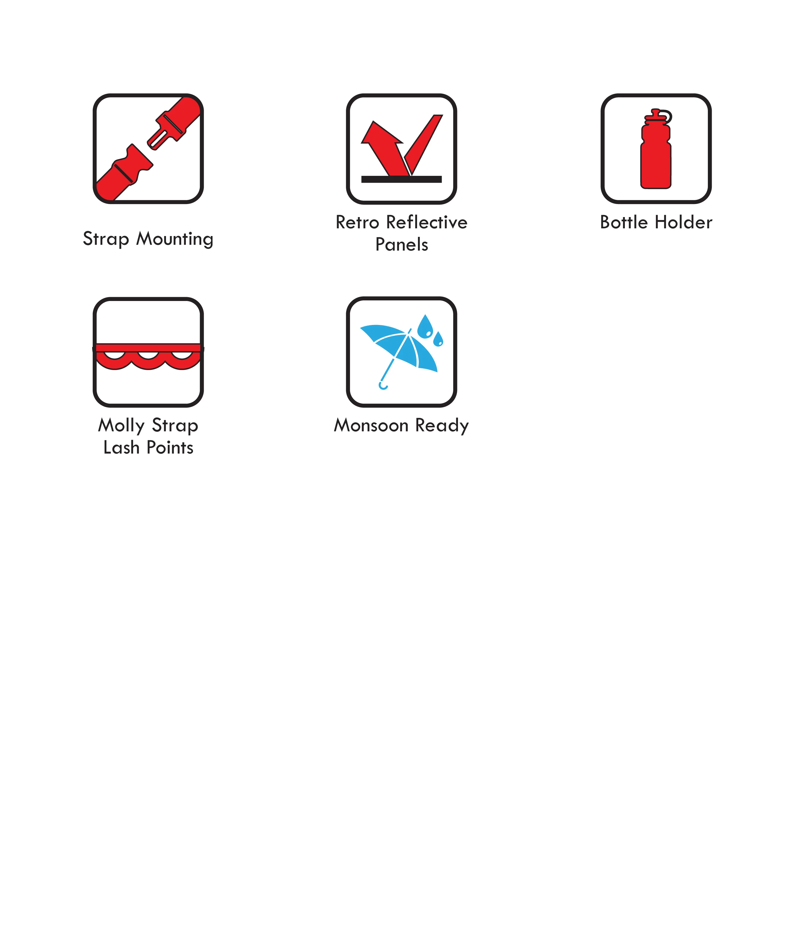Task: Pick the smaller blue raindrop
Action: coord(438,339)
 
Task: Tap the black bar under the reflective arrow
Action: coord(401,179)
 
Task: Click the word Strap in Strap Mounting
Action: coord(106,239)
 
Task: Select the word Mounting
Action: coord(175,239)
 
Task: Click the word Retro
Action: coord(357,222)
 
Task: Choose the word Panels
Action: coord(401,245)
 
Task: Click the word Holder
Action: coord(684,222)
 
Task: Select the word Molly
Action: coord(121,426)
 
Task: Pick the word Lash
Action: coord(121,447)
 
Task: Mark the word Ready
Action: coord(442,426)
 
